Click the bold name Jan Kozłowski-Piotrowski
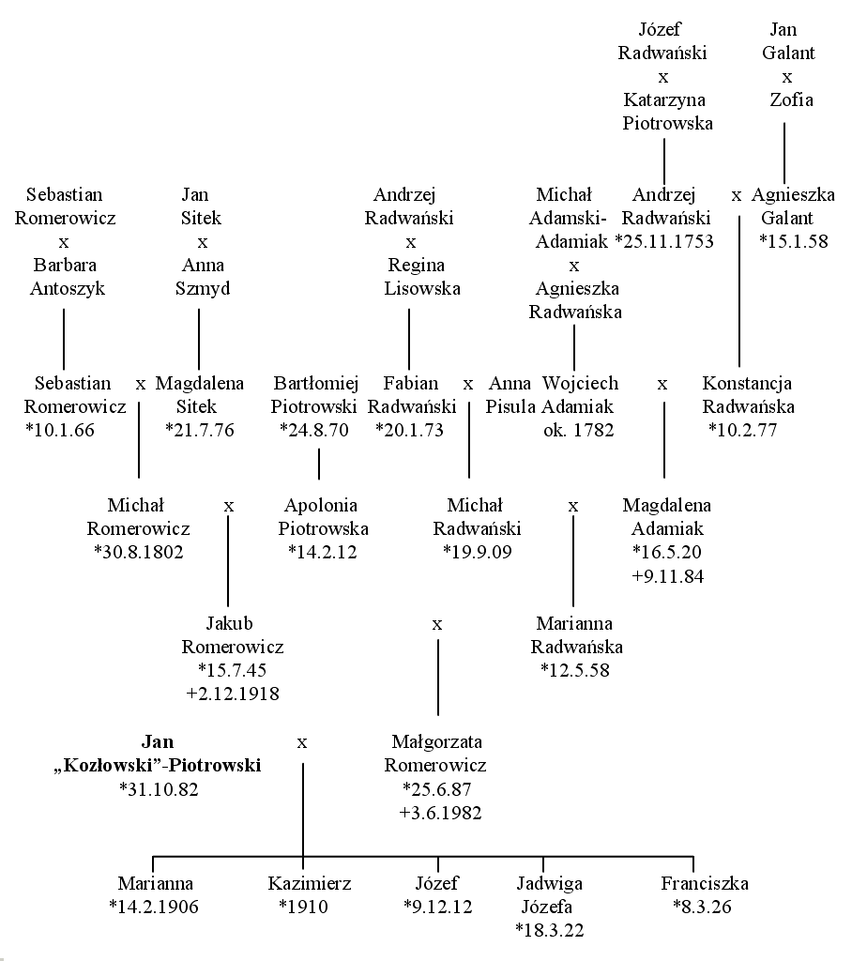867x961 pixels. click(158, 754)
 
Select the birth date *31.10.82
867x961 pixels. click(159, 789)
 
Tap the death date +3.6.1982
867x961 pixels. click(441, 814)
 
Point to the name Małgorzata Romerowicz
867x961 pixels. click(435, 754)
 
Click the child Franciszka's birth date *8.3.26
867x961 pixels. click(702, 908)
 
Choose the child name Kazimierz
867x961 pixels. click(310, 884)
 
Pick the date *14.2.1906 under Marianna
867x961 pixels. click(154, 908)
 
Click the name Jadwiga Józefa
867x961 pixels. click(549, 894)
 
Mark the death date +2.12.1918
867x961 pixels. click(233, 694)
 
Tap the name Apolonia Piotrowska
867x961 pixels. click(323, 517)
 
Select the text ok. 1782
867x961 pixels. click(578, 430)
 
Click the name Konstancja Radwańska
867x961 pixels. click(748, 395)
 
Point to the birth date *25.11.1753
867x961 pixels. click(664, 241)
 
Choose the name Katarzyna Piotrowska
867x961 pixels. click(667, 112)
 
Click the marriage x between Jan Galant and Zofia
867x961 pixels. click(787, 77)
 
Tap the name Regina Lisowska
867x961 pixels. click(422, 277)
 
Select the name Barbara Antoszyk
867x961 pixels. click(68, 277)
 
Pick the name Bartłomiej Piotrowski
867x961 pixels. click(314, 395)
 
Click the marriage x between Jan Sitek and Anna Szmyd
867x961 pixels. click(203, 243)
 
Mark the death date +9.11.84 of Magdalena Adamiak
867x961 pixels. click(668, 577)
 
